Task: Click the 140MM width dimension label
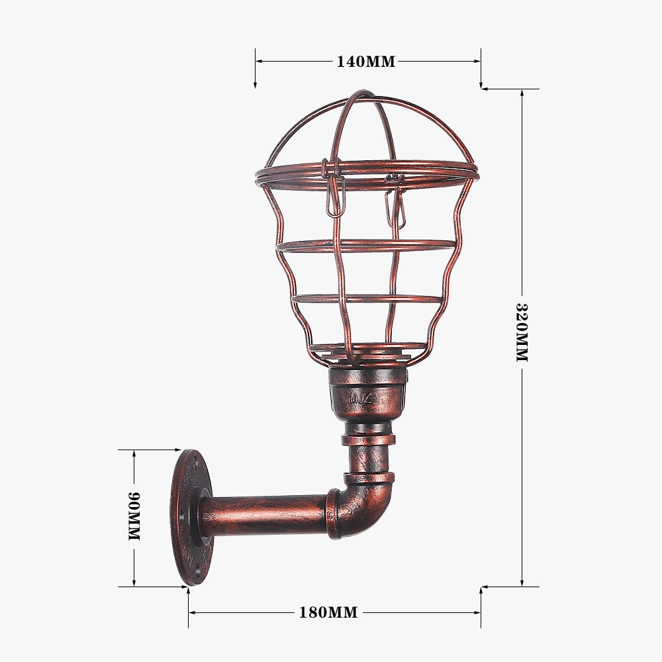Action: (x=365, y=62)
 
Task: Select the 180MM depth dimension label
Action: (x=328, y=612)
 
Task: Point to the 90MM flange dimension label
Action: (x=134, y=517)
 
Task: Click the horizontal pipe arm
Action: (x=265, y=515)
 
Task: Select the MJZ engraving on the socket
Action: (x=362, y=399)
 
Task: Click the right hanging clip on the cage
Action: (x=398, y=202)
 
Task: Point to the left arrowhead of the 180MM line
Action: (x=193, y=612)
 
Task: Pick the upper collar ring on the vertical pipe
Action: (x=369, y=439)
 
